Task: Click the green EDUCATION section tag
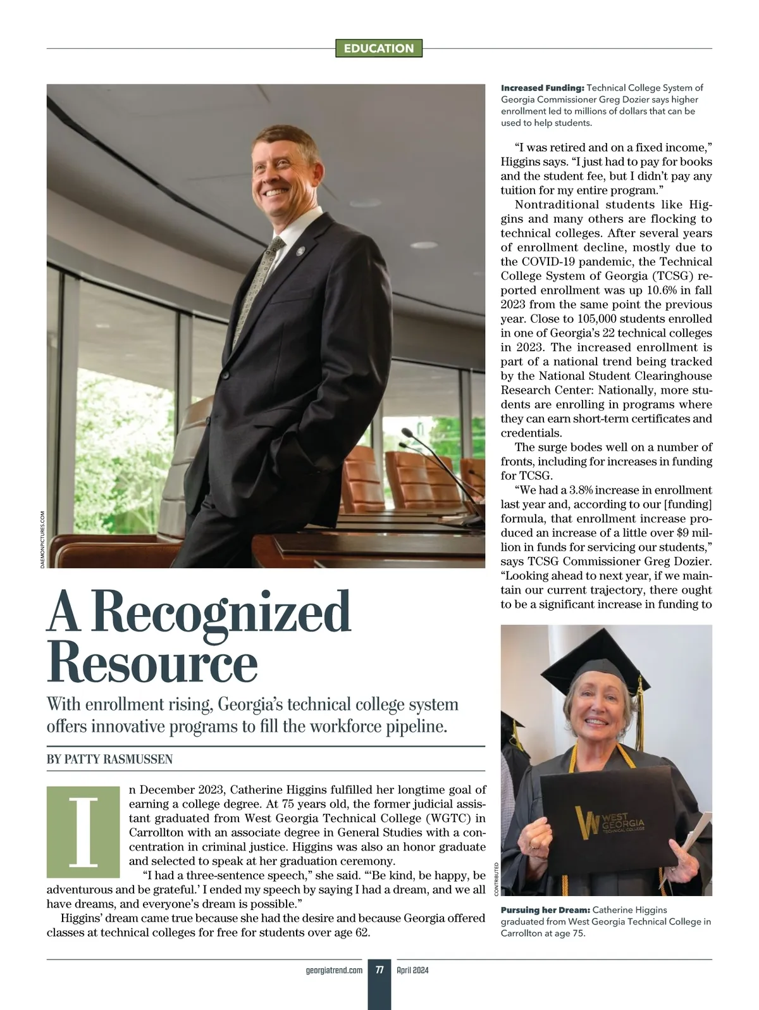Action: tap(379, 48)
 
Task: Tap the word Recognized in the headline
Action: tap(225, 613)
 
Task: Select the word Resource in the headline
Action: tap(152, 663)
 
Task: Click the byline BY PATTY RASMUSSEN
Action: tap(109, 759)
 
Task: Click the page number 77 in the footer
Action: tap(379, 969)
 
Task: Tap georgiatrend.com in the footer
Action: tap(334, 969)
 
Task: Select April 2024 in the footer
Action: tap(413, 969)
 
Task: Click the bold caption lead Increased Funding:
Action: tap(542, 88)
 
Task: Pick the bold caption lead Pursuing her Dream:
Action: tap(545, 909)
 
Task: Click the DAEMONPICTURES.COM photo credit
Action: tap(42, 539)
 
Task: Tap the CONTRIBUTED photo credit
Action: tap(497, 878)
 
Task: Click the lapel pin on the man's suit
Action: tap(301, 250)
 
